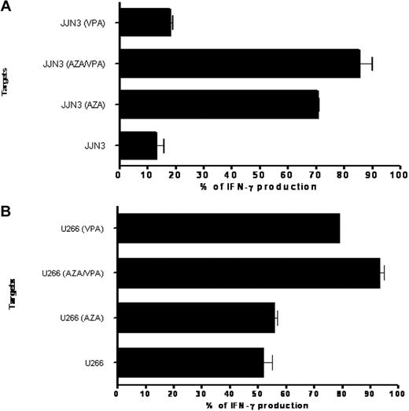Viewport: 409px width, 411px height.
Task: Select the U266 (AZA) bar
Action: click(x=196, y=317)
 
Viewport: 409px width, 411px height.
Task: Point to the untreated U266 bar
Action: click(x=190, y=361)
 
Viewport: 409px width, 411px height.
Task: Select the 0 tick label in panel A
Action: click(x=119, y=174)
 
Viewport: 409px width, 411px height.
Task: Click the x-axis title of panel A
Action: click(x=259, y=186)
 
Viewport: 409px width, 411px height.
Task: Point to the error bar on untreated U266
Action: click(x=268, y=361)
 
